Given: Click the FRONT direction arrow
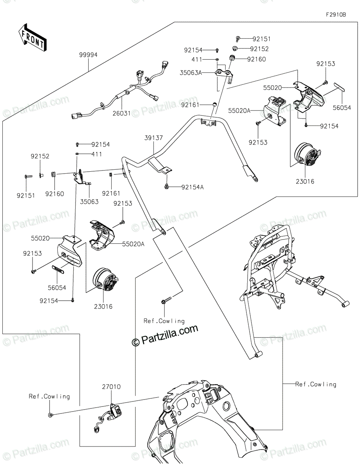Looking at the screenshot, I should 33,37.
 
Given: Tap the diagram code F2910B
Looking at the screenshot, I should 336,15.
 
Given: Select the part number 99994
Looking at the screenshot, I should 88,55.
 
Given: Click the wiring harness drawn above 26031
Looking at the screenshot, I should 120,91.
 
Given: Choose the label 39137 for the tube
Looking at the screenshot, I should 154,138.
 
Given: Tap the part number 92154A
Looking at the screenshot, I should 192,187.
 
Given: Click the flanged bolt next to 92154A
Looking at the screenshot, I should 166,187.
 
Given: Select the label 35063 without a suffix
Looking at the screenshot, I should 90,201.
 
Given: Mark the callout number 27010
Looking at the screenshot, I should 111,387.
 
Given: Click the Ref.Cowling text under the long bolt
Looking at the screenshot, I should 164,321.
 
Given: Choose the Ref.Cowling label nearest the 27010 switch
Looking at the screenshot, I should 49,396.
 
